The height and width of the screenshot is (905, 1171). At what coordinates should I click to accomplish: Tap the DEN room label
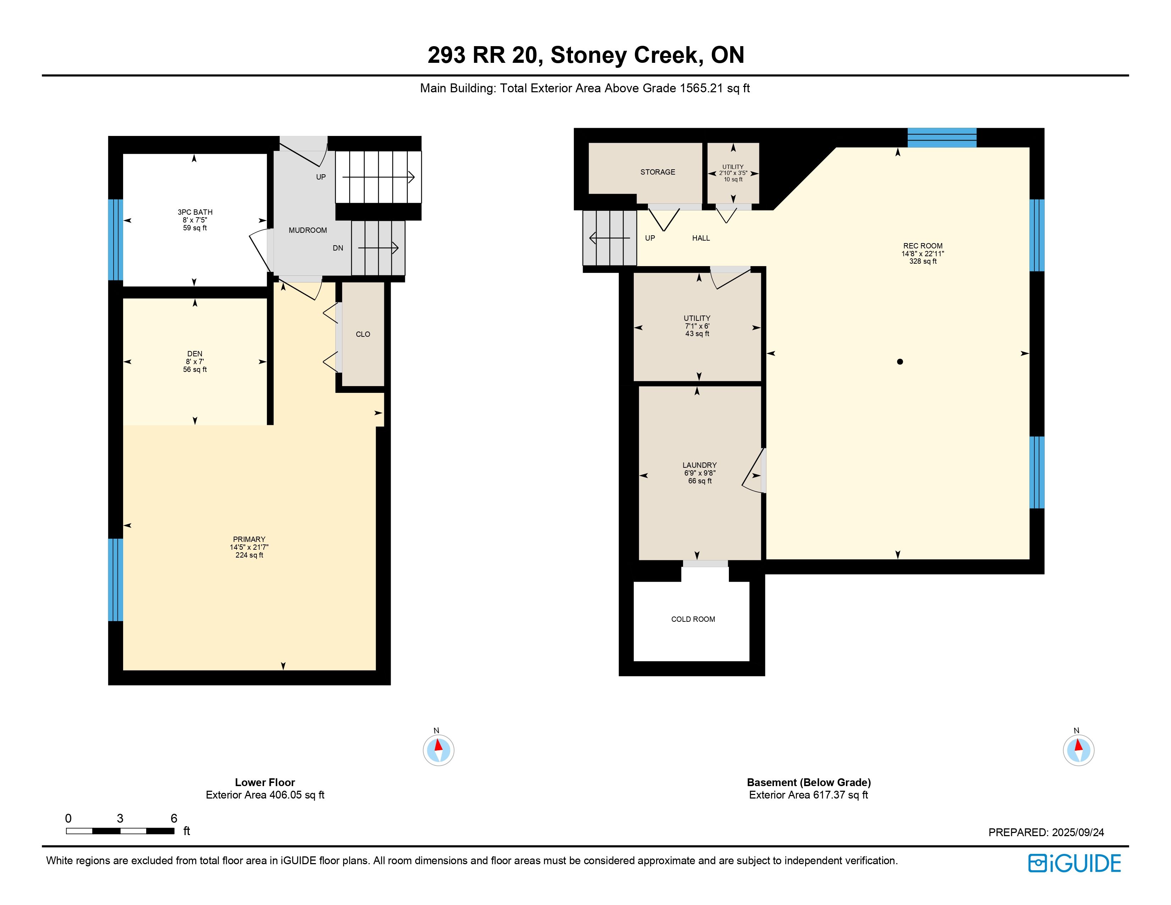pyautogui.click(x=194, y=354)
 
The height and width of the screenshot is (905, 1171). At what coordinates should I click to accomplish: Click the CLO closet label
pyautogui.click(x=363, y=334)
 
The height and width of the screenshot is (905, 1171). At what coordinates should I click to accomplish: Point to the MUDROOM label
pyautogui.click(x=308, y=230)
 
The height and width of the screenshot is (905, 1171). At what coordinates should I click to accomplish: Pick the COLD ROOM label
pyautogui.click(x=693, y=619)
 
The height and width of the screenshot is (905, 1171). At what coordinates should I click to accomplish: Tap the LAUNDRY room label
pyautogui.click(x=700, y=465)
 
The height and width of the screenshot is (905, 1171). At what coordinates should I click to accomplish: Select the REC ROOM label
pyautogui.click(x=923, y=246)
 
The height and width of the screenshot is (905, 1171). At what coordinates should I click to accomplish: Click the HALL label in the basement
pyautogui.click(x=701, y=238)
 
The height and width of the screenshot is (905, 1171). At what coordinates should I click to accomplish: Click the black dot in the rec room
pyautogui.click(x=900, y=362)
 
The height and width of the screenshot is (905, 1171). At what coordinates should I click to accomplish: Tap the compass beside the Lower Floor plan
pyautogui.click(x=439, y=750)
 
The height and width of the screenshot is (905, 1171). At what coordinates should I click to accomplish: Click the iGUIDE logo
pyautogui.click(x=1074, y=863)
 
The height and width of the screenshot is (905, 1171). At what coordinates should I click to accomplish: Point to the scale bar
pyautogui.click(x=120, y=831)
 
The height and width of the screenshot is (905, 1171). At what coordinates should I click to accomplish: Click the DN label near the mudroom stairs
pyautogui.click(x=338, y=248)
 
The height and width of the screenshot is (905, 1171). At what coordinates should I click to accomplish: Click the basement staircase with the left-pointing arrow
pyautogui.click(x=610, y=237)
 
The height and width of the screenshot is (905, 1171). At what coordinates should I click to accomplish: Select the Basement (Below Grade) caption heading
pyautogui.click(x=809, y=782)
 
